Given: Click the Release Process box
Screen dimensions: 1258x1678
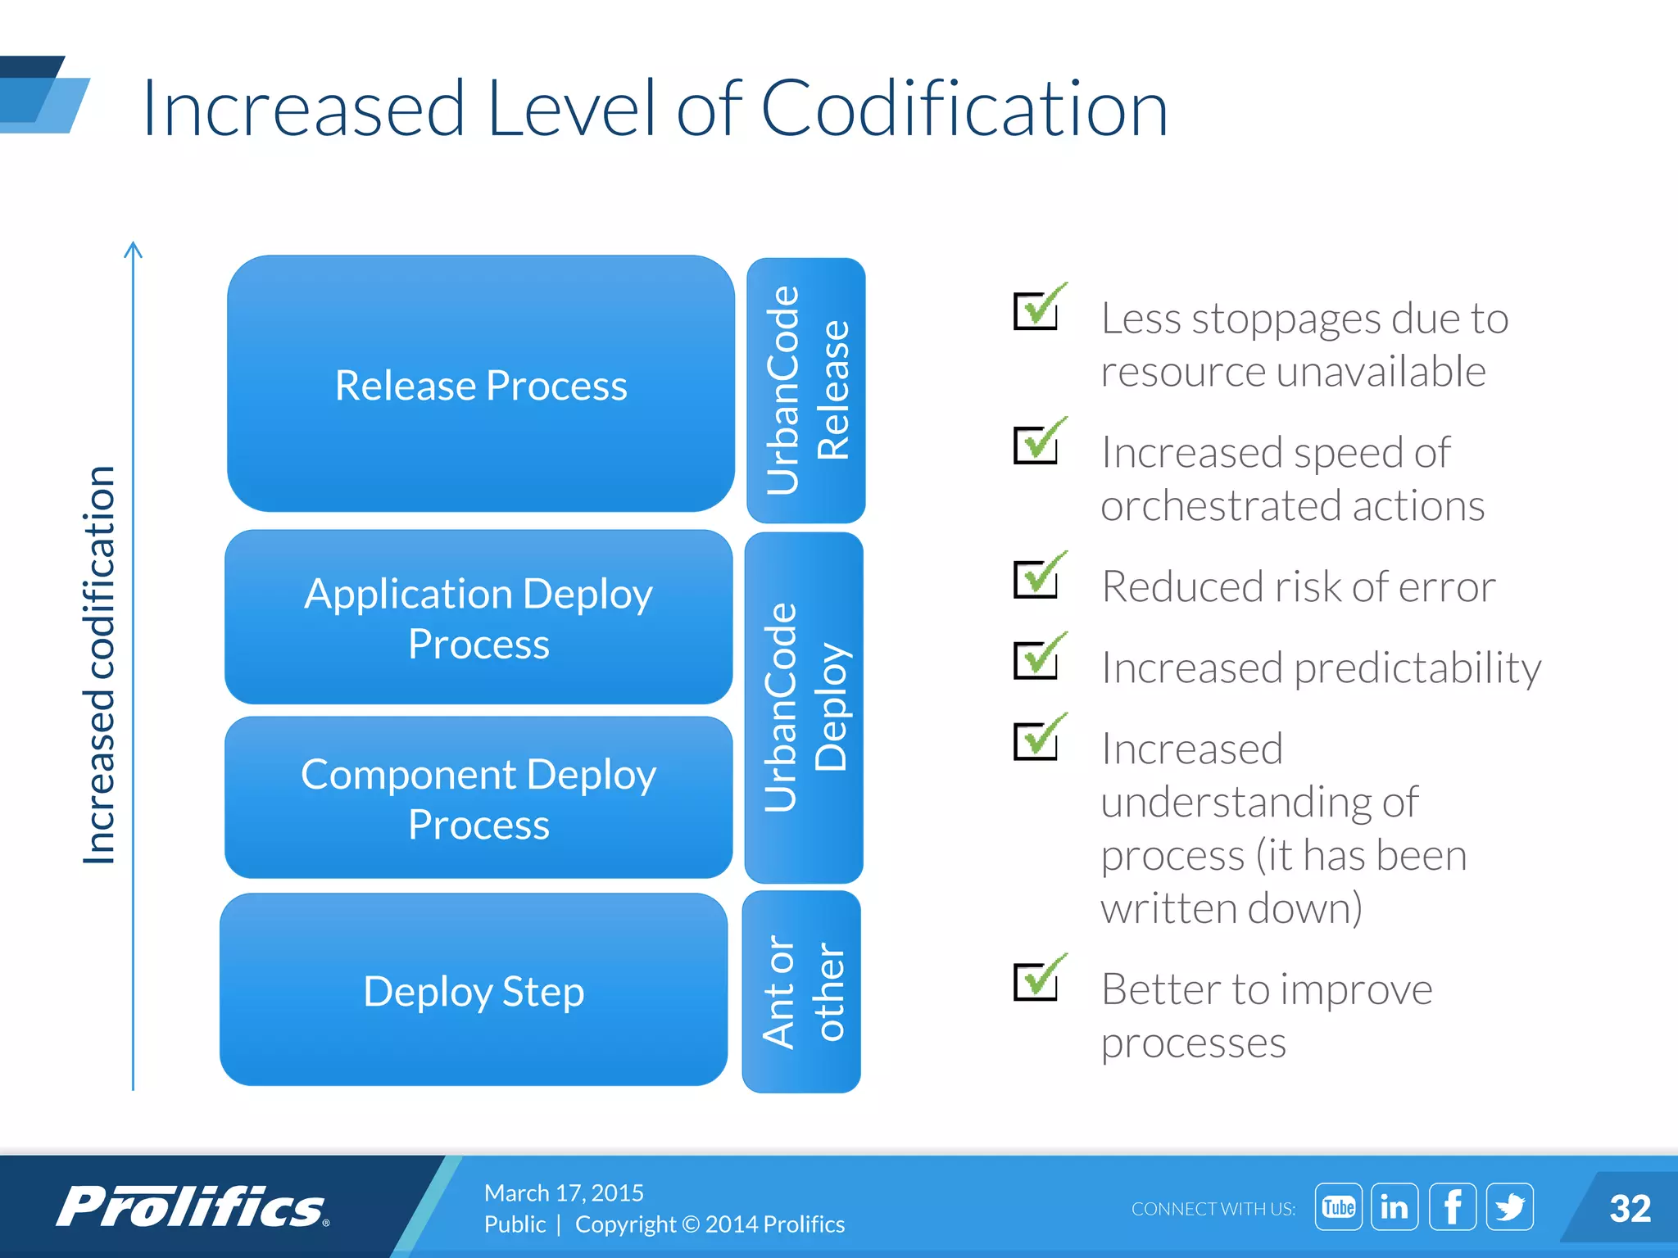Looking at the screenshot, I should pos(481,384).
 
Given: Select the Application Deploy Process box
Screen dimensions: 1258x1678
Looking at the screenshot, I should pos(478,617).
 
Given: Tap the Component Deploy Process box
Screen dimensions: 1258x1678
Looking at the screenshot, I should pos(478,798).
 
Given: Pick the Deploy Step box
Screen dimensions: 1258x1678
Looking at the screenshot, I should pos(474,989).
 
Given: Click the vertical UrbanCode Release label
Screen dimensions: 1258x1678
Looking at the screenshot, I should pos(806,391).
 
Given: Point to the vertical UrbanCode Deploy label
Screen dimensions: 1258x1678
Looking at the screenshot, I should pos(805,707).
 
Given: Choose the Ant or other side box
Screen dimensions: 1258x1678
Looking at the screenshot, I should pos(802,992).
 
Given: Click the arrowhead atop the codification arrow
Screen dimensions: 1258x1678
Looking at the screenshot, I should pos(134,249).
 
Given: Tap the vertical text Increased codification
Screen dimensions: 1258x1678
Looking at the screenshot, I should pos(99,664).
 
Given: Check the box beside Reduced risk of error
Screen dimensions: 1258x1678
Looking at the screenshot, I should pos(1036,578).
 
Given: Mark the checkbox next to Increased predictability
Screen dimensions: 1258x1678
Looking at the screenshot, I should pos(1036,659).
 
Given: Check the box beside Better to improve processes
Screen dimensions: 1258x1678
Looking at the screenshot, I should pos(1036,980).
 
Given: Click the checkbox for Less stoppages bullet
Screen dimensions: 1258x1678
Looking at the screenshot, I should pos(1036,310).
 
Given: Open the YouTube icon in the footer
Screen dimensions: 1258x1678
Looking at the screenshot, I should pos(1338,1206).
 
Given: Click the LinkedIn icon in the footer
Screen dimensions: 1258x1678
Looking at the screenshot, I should pos(1395,1206).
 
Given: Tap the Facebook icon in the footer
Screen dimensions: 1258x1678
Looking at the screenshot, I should pos(1452,1206).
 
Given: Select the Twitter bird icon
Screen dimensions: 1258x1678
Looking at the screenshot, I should pos(1509,1206).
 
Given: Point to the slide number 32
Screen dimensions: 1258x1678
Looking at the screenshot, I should pos(1629,1209).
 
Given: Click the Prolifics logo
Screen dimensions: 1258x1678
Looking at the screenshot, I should pos(193,1206).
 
